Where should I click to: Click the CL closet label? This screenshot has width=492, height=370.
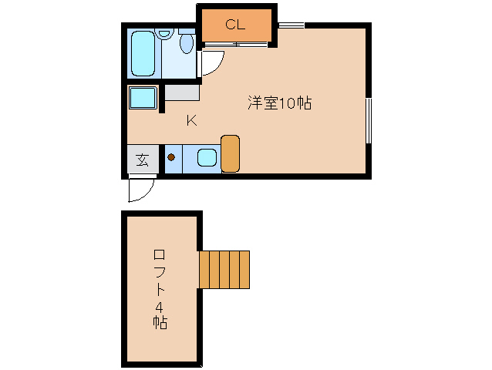tap(235, 24)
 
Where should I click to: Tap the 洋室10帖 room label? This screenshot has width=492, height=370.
tap(279, 103)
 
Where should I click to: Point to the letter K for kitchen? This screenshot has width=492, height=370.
tap(191, 120)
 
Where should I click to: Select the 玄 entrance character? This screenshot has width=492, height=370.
tap(143, 160)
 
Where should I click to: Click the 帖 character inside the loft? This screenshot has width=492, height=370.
tap(160, 321)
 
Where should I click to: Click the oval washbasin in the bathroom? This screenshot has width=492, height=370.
tap(187, 43)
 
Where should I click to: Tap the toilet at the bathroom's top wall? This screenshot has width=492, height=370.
tap(163, 34)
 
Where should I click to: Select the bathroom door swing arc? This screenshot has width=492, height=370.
tap(213, 63)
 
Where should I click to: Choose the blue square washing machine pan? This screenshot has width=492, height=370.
tap(143, 99)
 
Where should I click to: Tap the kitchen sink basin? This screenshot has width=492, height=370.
tap(206, 159)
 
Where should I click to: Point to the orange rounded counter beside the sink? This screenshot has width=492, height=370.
tap(231, 153)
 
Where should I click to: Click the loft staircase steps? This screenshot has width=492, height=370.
tap(224, 268)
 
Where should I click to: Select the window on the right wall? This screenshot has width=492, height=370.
tap(369, 120)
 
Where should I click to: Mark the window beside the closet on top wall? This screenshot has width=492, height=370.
tap(291, 26)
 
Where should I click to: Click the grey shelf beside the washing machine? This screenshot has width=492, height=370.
tap(182, 92)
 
